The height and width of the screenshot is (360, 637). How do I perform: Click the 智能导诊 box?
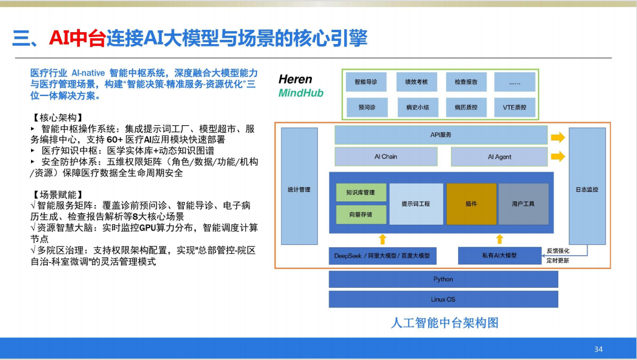pyautogui.click(x=366, y=82)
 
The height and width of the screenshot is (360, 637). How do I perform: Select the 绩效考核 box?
pyautogui.click(x=416, y=82)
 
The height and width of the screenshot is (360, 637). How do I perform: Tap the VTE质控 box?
pyautogui.click(x=514, y=107)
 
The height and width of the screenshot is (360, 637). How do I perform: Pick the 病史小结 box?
pyautogui.click(x=418, y=107)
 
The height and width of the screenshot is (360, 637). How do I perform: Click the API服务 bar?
pyautogui.click(x=441, y=135)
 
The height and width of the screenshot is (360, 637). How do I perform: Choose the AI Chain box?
pyautogui.click(x=386, y=157)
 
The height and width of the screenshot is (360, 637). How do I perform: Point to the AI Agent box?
pyautogui.click(x=499, y=157)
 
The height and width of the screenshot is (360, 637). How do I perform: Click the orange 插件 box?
pyautogui.click(x=471, y=204)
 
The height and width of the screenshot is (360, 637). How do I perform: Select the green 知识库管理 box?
pyautogui.click(x=361, y=193)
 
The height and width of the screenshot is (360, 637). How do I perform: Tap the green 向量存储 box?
pyautogui.click(x=361, y=215)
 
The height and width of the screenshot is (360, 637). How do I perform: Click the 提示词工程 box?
pyautogui.click(x=416, y=204)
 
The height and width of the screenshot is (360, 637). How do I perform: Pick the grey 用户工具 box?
pyautogui.click(x=523, y=204)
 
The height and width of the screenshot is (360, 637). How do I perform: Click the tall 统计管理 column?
pyautogui.click(x=299, y=187)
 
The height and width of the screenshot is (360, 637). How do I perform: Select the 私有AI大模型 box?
pyautogui.click(x=500, y=256)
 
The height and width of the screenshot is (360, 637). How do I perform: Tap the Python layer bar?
pyautogui.click(x=443, y=279)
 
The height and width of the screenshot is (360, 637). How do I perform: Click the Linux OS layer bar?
pyautogui.click(x=443, y=300)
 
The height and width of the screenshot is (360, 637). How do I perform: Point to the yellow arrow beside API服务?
pyautogui.click(x=558, y=137)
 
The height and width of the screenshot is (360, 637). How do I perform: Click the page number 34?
pyautogui.click(x=598, y=349)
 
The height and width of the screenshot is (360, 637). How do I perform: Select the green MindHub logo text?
pyautogui.click(x=301, y=93)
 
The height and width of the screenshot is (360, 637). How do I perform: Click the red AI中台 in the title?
pyautogui.click(x=77, y=38)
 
